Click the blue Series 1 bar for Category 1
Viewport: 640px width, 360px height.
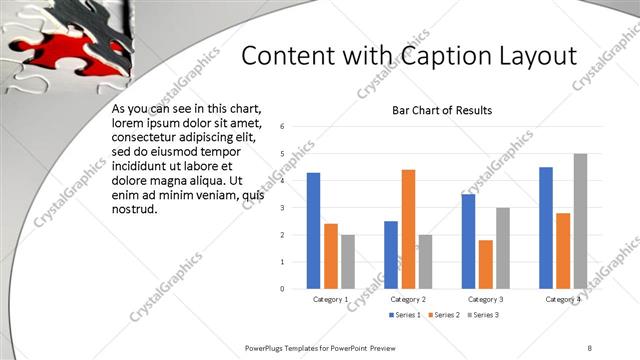(x=314, y=231)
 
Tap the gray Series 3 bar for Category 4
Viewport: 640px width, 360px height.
(x=580, y=221)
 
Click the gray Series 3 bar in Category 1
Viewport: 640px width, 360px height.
(x=348, y=261)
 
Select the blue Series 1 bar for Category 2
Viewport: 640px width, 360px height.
(x=391, y=255)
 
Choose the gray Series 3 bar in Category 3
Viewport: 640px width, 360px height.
(x=503, y=248)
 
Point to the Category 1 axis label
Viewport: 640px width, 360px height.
(x=331, y=299)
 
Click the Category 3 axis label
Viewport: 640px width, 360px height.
(x=486, y=299)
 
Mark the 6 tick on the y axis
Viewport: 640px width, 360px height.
(x=284, y=127)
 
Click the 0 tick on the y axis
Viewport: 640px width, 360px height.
(x=284, y=289)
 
